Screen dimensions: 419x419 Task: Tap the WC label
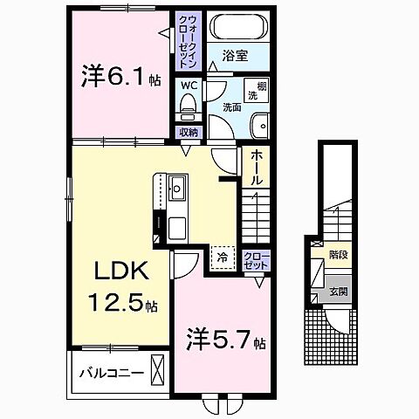pos(188,86)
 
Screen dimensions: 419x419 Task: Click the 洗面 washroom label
pos(231,109)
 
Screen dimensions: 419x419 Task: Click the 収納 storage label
pos(188,132)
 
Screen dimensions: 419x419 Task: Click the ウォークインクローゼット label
pos(189,40)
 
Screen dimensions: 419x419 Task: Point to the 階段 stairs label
pos(338,257)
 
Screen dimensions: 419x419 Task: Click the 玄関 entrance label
pos(338,292)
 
